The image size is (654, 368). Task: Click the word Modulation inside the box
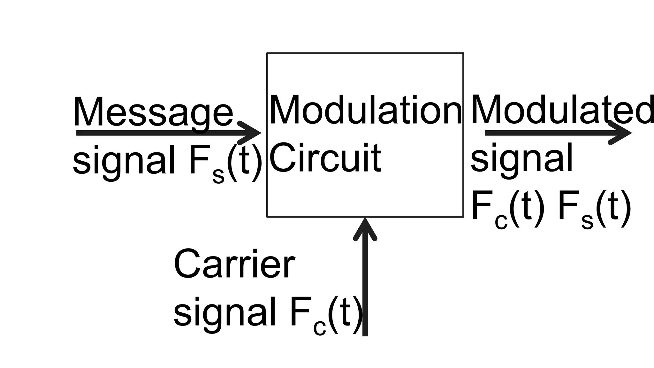tap(365, 110)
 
